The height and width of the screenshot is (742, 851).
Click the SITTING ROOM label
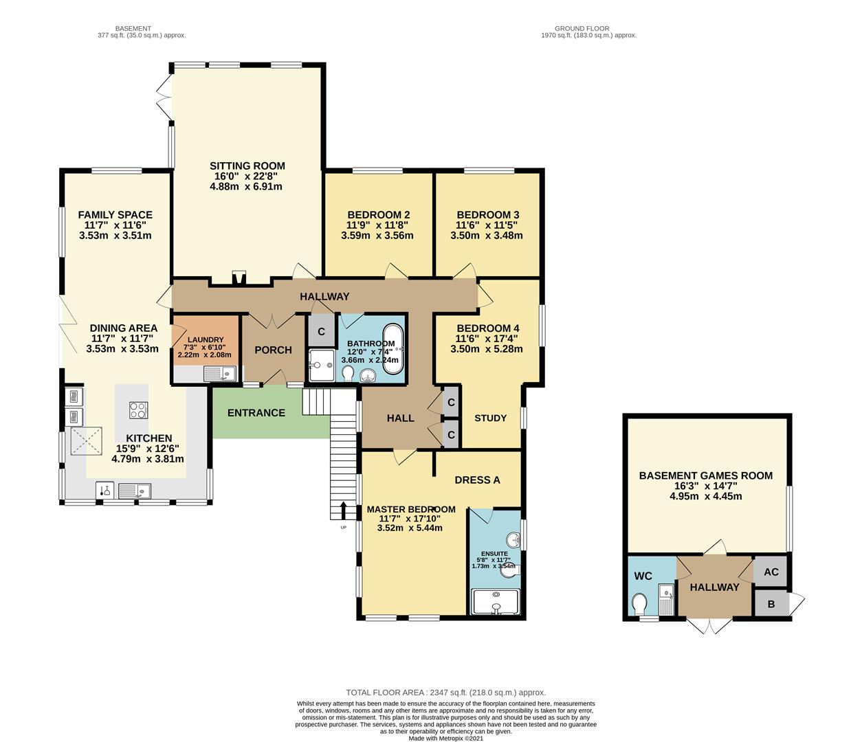pos(247,166)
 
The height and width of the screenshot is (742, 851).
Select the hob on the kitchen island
pos(138,410)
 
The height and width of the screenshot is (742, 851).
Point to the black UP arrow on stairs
pos(344,510)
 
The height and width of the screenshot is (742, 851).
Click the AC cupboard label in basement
pos(771,572)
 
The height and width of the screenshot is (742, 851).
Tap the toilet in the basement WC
pos(639,604)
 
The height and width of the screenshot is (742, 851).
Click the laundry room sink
pos(220,373)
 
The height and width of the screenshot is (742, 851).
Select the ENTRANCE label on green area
pos(256,413)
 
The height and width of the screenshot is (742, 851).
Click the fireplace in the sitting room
pos(239,278)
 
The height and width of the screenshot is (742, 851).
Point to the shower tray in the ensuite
pos(496,601)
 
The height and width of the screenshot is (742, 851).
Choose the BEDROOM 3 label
pos(488,215)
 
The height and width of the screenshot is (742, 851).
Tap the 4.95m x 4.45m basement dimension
pos(706,496)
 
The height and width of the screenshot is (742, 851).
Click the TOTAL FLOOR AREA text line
pos(446,693)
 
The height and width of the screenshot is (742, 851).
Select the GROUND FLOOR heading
pos(582,29)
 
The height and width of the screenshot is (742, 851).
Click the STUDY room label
pos(490,418)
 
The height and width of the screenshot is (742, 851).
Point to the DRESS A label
pos(477,480)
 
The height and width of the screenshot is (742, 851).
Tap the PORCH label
pos(274,350)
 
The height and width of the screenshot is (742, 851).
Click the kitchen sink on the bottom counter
pos(134,491)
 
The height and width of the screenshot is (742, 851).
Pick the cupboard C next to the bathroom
pos(322,331)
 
